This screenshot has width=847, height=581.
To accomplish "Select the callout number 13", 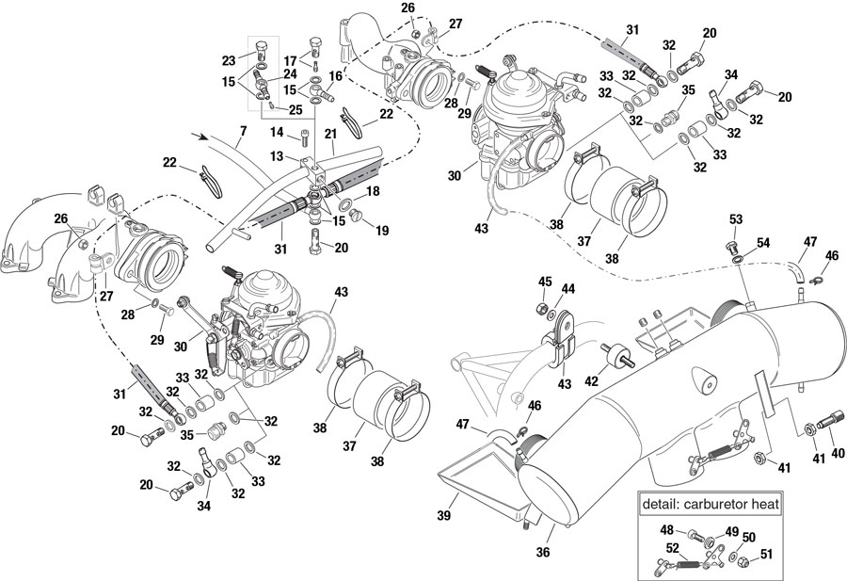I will pos(278,156).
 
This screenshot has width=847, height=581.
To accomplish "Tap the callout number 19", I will pos(381,229).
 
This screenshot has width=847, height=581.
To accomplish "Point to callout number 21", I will pos(330,135).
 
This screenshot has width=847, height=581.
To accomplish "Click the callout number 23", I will pos(228,60).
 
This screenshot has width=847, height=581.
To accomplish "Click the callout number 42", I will pos(591,382).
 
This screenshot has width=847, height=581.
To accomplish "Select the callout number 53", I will pos(735,219).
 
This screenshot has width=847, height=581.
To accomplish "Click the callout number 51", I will pos(766,555).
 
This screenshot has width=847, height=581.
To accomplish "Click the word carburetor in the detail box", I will pos(715,505).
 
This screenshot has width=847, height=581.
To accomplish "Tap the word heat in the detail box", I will pos(764,505).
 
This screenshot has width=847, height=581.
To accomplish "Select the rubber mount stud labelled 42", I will pos(621,361).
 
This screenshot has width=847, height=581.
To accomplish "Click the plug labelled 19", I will pos(357,219).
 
